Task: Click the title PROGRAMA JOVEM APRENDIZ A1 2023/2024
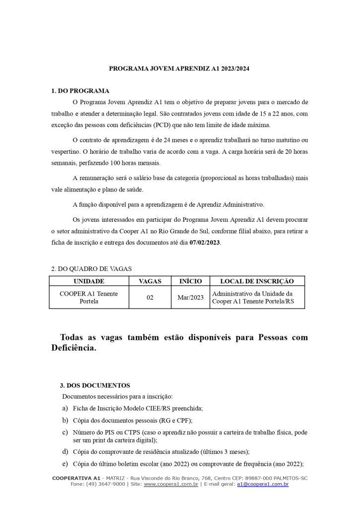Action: tap(179, 68)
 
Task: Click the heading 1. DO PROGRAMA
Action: tap(80, 91)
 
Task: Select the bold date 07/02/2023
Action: tap(205, 242)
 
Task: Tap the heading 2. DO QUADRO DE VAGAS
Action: tap(92, 268)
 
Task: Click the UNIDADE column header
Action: tap(89, 281)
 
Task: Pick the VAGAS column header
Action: tap(150, 281)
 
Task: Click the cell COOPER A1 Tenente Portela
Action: tap(89, 298)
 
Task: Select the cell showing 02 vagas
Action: tap(150, 298)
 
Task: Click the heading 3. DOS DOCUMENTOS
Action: tap(95, 385)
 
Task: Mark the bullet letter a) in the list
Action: tap(65, 408)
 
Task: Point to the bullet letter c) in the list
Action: tap(65, 433)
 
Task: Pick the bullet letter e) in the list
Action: tap(65, 464)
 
